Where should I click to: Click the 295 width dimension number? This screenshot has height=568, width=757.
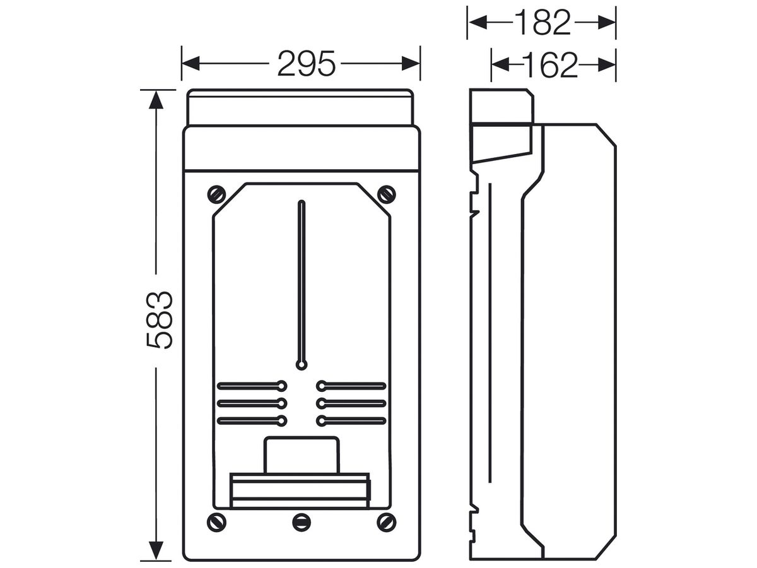[306, 64]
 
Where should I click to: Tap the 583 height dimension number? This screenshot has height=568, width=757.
[159, 321]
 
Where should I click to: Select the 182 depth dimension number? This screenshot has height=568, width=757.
[542, 23]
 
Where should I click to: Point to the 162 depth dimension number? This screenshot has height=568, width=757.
[549, 64]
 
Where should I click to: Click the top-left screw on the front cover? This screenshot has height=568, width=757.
[216, 194]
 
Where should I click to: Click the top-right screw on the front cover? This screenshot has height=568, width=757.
[386, 194]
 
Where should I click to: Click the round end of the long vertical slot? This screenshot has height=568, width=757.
[302, 365]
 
